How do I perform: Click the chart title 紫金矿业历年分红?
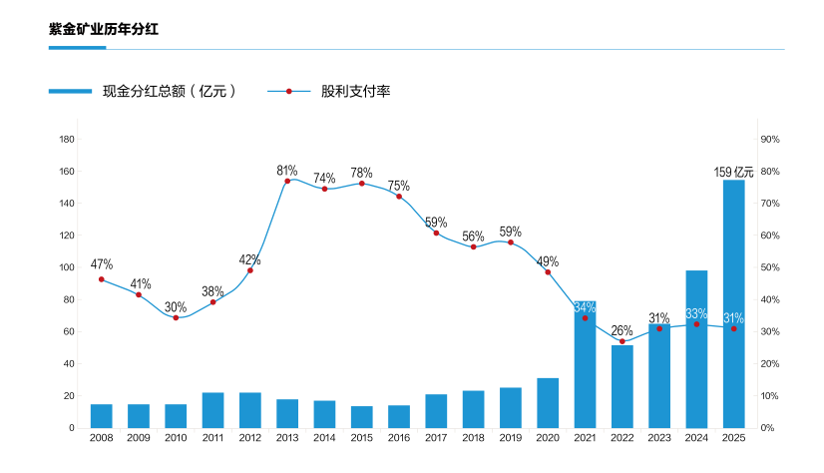coord(104,29)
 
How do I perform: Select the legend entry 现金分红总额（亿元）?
coord(169,92)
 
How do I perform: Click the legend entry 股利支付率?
coord(355,92)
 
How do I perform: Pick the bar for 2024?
coord(696,349)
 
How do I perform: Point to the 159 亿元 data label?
coord(733,172)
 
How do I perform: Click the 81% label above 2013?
coord(287,171)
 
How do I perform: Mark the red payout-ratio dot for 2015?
coord(361,184)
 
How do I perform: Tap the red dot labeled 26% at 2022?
coord(622,342)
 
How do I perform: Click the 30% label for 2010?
coord(176,306)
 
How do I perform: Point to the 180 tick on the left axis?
coord(68,139)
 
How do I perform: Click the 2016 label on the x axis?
coord(399,437)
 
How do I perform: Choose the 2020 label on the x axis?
coord(548,437)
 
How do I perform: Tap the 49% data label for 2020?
coord(548,261)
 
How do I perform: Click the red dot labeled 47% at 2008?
coord(102,279)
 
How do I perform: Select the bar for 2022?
coord(622,386)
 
